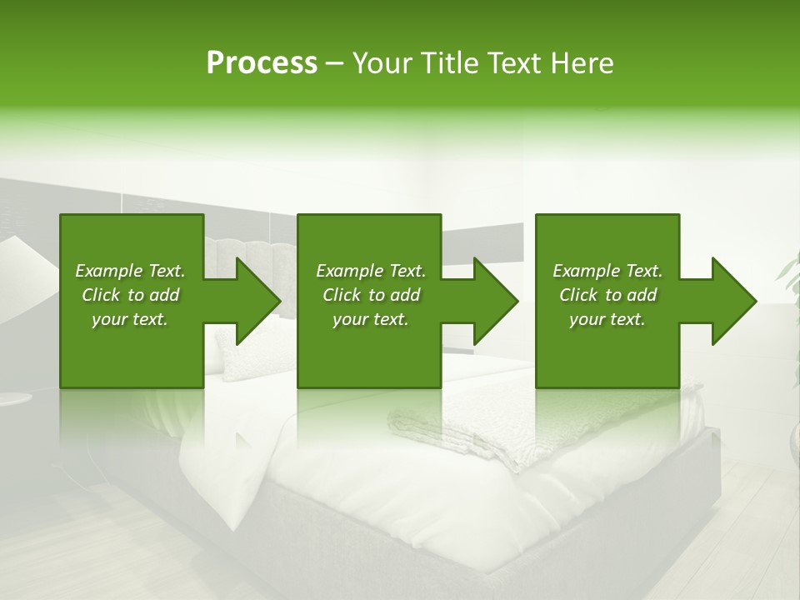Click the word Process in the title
[262, 63]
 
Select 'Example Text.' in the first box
[130, 271]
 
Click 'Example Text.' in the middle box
[371, 271]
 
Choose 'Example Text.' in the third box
[607, 271]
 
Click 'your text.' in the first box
[130, 319]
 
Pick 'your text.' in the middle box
[371, 319]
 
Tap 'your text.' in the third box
[607, 319]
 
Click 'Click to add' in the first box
[130, 295]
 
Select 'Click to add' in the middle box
[371, 295]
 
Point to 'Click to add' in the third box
[607, 295]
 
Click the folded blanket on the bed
[467, 433]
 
